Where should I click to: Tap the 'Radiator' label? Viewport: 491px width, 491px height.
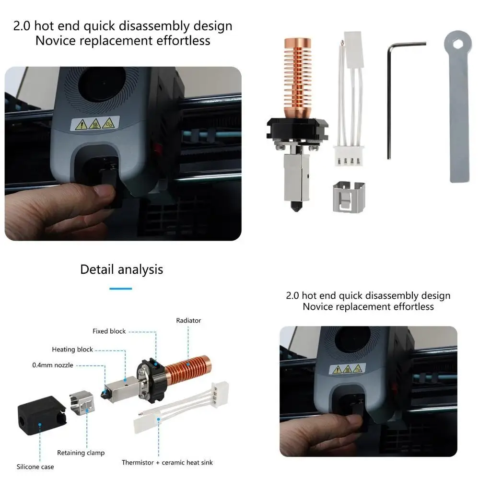coord(188,320)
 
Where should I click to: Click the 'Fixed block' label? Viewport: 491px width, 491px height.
coord(109,331)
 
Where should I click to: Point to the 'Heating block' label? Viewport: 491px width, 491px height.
coord(72,350)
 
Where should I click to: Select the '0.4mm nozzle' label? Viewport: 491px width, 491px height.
coord(53,365)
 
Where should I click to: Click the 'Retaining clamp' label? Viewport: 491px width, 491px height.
coord(81,453)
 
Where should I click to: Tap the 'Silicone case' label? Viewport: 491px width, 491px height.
coord(35,467)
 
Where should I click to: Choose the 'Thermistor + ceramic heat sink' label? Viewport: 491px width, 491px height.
coord(167,463)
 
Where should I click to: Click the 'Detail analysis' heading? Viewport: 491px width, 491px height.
coord(121,269)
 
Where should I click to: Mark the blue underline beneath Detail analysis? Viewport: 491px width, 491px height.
coord(120,289)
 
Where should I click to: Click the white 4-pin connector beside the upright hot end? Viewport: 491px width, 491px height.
coord(349,156)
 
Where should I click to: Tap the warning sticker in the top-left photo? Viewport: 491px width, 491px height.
coord(95,124)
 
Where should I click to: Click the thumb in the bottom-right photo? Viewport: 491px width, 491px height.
coord(348,422)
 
